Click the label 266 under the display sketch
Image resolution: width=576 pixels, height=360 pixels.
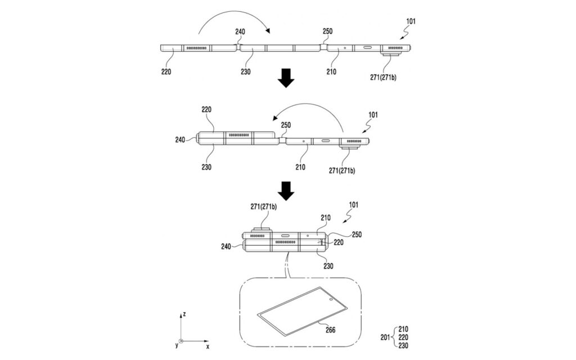(x=330, y=330)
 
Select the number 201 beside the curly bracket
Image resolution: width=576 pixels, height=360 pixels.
(x=385, y=337)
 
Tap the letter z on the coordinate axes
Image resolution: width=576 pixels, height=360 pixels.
(x=184, y=314)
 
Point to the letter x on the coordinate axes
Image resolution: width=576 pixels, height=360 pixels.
(x=208, y=346)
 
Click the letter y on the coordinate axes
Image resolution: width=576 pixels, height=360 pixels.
(x=177, y=345)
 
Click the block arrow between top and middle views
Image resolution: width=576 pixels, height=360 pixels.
(x=286, y=78)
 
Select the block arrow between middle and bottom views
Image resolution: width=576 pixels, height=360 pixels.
(x=286, y=191)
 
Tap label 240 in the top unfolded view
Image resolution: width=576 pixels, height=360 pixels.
(x=240, y=32)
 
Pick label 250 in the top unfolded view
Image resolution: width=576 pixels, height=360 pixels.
(x=327, y=31)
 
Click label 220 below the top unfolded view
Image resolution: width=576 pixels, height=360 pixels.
(x=166, y=71)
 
